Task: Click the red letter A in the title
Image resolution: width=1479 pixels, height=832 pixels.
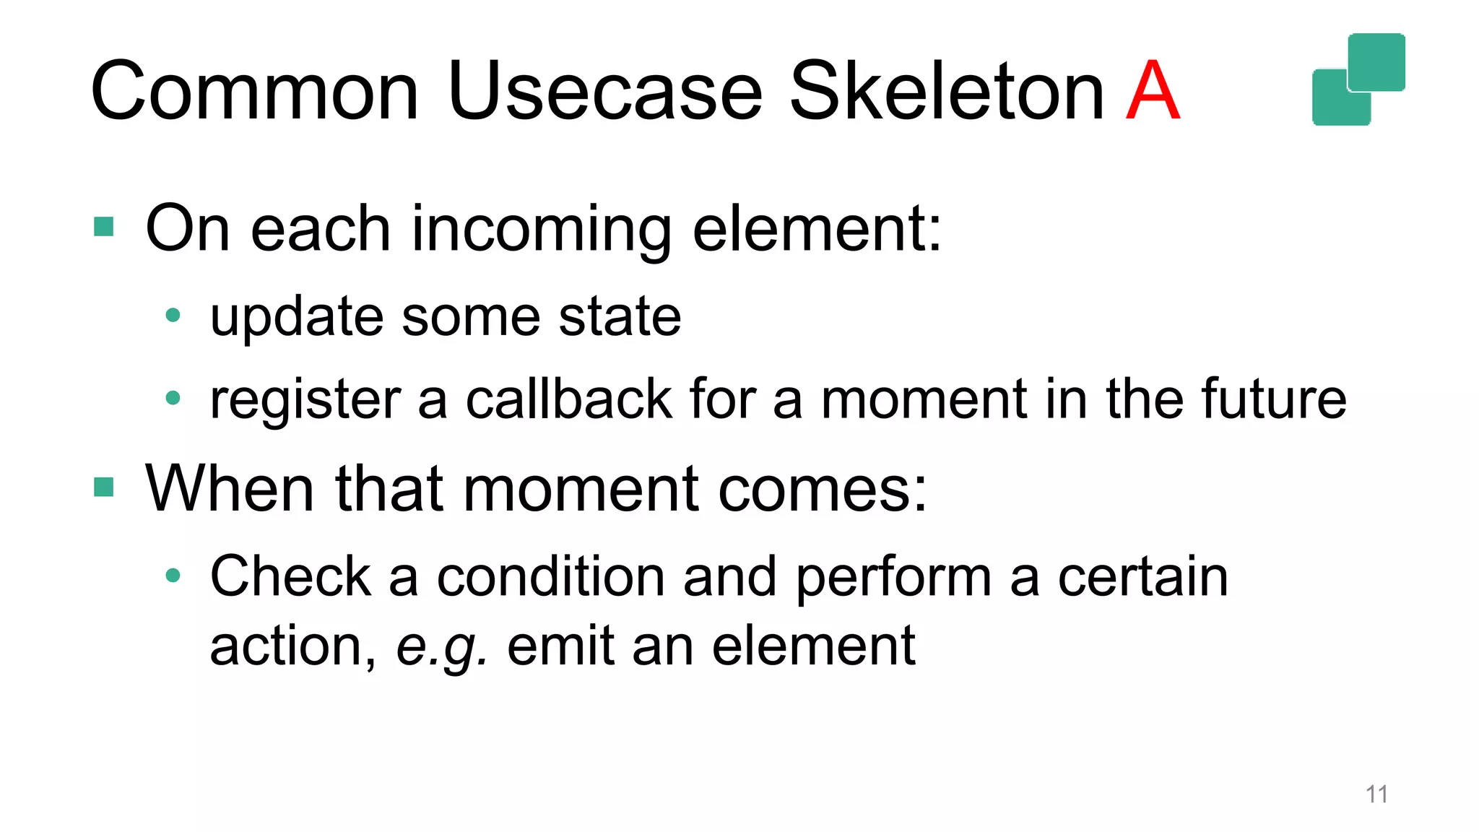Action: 1153,92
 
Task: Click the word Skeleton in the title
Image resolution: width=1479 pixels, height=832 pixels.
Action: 946,92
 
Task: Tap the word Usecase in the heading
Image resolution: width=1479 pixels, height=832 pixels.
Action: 604,92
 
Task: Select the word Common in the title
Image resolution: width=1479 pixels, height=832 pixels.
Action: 255,92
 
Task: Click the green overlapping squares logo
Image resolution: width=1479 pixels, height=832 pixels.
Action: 1358,79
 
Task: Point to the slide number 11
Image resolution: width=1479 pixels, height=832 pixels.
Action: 1376,794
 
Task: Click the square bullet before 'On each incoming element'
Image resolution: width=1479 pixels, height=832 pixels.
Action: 104,227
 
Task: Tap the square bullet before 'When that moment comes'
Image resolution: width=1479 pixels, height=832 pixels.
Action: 104,487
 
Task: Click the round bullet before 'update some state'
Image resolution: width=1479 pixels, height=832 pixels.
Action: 173,315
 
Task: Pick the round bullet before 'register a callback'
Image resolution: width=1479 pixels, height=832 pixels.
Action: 173,397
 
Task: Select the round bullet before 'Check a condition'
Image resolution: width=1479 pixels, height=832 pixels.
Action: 173,576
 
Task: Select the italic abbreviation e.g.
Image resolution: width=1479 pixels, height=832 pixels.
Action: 441,646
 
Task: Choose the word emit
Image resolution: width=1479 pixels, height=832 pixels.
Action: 560,645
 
